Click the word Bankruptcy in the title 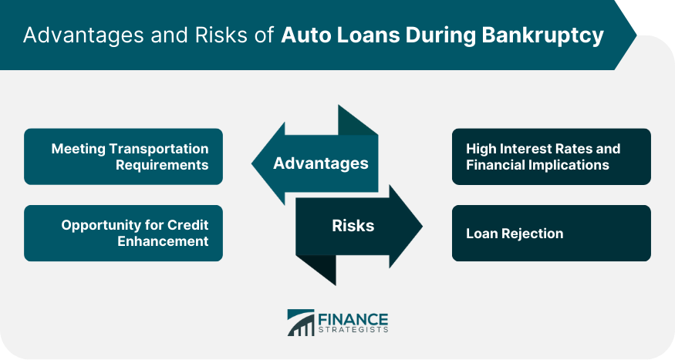[542, 35]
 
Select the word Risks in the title [221, 35]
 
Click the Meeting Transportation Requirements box [123, 156]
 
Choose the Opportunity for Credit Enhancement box [123, 233]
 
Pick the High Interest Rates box [551, 156]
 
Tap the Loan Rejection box [551, 233]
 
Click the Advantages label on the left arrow [321, 163]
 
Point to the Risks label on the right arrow [353, 225]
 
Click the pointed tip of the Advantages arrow [251, 163]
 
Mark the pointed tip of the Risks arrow [422, 226]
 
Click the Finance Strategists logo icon [301, 322]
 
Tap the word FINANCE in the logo [353, 320]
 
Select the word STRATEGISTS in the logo [353, 331]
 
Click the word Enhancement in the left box [163, 241]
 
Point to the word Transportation [159, 149]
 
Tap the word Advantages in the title [83, 35]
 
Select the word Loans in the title [368, 35]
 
